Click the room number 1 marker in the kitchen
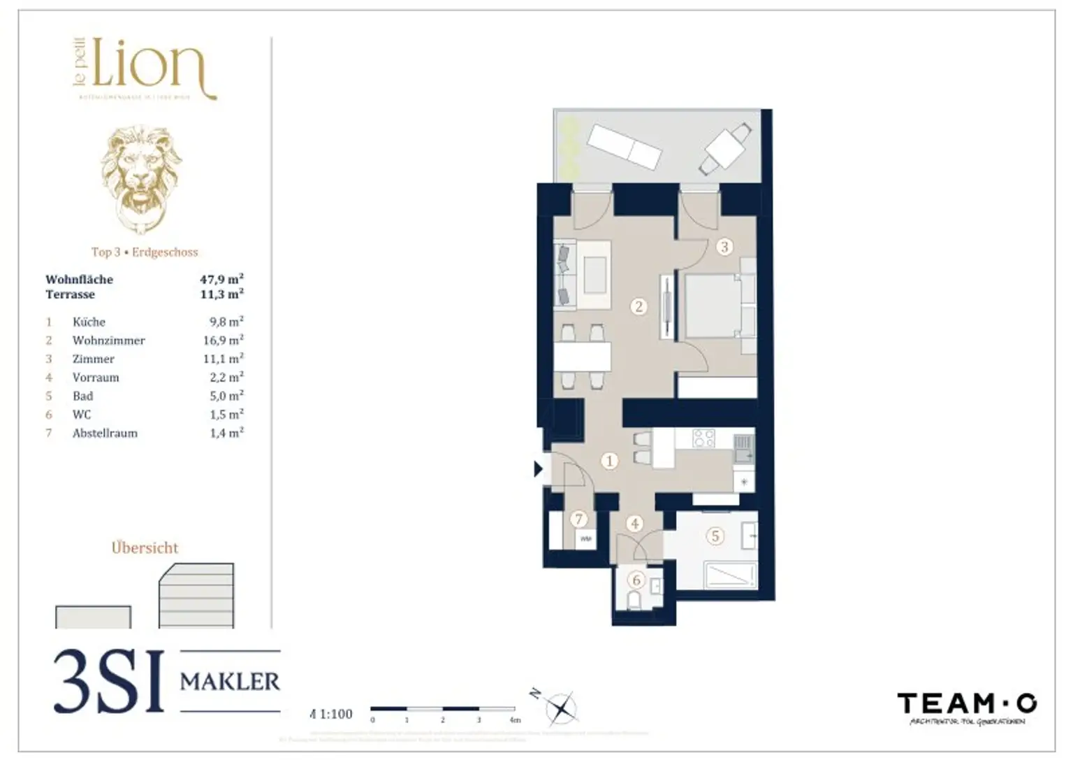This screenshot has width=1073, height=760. pyautogui.click(x=610, y=461)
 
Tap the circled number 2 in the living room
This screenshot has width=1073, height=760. pyautogui.click(x=638, y=306)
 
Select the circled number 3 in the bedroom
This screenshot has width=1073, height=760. pyautogui.click(x=724, y=246)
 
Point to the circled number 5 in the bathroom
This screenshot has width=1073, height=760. pyautogui.click(x=715, y=536)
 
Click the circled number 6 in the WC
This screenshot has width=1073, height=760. pyautogui.click(x=636, y=580)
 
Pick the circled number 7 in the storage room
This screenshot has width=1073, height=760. pyautogui.click(x=578, y=519)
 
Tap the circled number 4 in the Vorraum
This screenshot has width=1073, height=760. pyautogui.click(x=635, y=523)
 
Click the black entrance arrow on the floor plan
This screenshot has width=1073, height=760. pyautogui.click(x=538, y=468)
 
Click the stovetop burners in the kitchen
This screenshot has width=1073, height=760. pyautogui.click(x=703, y=438)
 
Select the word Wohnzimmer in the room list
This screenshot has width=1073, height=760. pyautogui.click(x=108, y=340)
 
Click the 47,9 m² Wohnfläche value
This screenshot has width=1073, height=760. pyautogui.click(x=221, y=280)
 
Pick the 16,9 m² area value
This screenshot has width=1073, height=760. pyautogui.click(x=223, y=340)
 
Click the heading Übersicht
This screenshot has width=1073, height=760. pyautogui.click(x=145, y=548)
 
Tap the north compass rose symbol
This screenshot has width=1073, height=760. pyautogui.click(x=560, y=708)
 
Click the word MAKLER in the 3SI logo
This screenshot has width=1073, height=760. pyautogui.click(x=230, y=682)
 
